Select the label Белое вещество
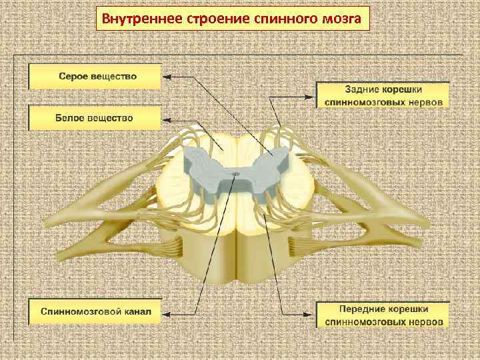coord(94,118)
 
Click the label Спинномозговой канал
coord(96,311)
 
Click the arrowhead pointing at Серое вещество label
coord(167,77)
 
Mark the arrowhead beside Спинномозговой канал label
coord(167,311)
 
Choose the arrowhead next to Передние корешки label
coord(312,315)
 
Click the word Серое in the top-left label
coord(75,76)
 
